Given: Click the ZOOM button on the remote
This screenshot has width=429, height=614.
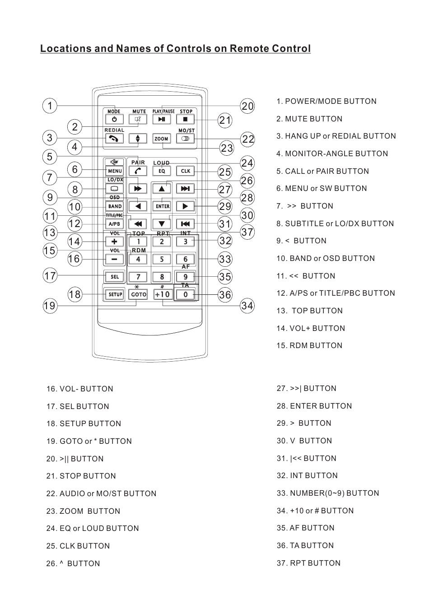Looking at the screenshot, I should (x=161, y=139).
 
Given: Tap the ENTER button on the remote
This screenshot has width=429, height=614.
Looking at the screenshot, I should (x=162, y=206).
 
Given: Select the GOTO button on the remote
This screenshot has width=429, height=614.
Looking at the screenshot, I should (x=138, y=294).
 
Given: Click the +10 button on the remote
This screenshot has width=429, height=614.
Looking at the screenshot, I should (x=162, y=294).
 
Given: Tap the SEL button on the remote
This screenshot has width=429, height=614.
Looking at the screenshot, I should (x=115, y=277).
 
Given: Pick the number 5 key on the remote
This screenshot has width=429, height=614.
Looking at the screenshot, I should (x=162, y=259).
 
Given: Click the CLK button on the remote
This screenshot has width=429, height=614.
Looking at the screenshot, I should (x=186, y=171).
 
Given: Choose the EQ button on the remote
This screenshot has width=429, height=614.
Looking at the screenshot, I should (x=162, y=171).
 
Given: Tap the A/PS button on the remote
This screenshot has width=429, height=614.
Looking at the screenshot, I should (x=114, y=224).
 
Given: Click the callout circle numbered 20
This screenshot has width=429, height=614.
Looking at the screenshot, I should (x=247, y=106).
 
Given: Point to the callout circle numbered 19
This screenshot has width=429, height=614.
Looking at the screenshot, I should (x=50, y=306).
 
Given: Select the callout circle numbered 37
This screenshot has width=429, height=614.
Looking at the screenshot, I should (x=247, y=232).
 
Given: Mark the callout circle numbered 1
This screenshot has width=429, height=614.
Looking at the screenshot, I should (x=50, y=106).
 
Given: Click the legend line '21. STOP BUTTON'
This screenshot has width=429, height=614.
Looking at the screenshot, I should (x=81, y=476).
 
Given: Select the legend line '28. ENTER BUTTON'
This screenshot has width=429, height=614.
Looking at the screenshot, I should (x=314, y=406).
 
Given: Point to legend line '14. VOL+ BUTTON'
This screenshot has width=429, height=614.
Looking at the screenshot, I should (x=311, y=328).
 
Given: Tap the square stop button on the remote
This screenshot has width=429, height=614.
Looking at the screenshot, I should (x=185, y=120).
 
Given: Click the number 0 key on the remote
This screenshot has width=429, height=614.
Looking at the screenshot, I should (x=186, y=294).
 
